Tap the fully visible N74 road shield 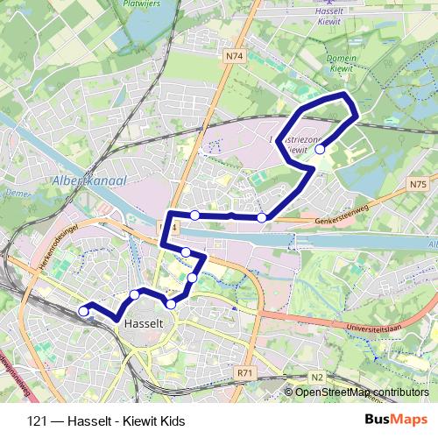coord(233,56)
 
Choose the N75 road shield coord(417,184)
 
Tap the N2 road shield coord(316,377)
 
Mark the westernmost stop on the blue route coord(84,310)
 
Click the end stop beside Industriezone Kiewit coord(321,150)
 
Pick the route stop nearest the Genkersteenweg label coord(262,217)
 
